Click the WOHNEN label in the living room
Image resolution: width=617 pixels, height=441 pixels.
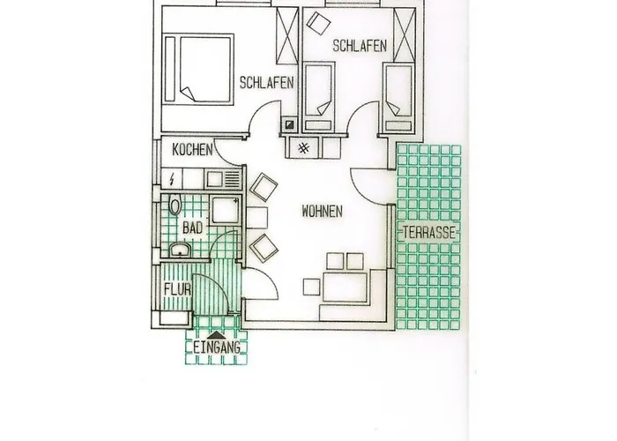click(x=322, y=212)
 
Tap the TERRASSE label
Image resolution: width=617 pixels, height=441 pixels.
click(x=429, y=233)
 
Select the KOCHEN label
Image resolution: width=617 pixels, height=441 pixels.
click(x=192, y=150)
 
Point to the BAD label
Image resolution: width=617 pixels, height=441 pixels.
click(x=192, y=228)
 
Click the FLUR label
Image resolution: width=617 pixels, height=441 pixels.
click(x=176, y=288)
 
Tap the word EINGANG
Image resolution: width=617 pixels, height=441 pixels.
click(x=217, y=348)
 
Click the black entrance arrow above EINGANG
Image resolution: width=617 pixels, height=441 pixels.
click(x=217, y=333)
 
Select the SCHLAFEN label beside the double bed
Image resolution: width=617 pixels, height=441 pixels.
click(x=266, y=83)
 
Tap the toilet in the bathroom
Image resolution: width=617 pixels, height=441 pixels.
click(x=175, y=206)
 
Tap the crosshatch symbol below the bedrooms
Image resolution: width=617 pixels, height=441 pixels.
click(x=303, y=148)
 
